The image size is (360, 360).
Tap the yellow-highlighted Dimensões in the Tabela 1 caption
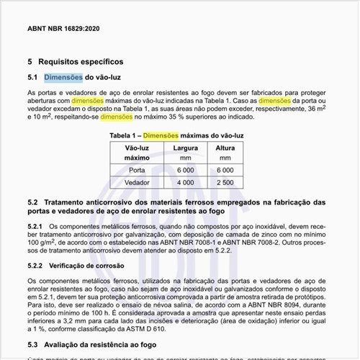click(x=164, y=135)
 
